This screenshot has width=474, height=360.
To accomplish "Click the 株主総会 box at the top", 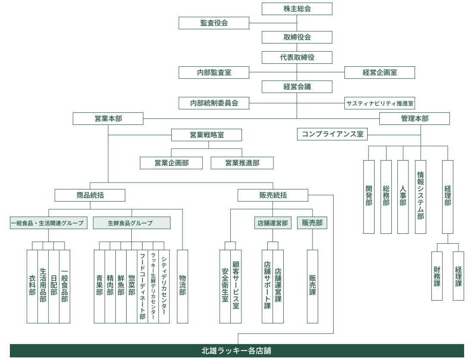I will point(297,9).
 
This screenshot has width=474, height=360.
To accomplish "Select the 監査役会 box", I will point(214,23).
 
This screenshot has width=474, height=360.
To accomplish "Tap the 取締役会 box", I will point(297,37).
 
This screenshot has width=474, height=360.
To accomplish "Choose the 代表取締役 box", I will point(297,57).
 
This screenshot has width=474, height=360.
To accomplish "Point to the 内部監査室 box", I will point(214,72).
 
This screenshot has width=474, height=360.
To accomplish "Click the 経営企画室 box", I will point(379,72).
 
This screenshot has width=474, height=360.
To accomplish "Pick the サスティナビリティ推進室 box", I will point(379,103).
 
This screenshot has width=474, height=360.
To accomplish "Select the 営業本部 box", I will point(108,118).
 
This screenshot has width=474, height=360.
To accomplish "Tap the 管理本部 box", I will point(414,118).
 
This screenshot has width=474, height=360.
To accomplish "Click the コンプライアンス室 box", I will point(332,134).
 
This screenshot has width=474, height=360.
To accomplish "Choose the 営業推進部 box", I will point(242,163).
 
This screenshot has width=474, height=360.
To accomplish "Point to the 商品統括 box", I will point(90,195).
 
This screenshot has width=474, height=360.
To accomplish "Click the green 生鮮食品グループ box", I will point(131,223).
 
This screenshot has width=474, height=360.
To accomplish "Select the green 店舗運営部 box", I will point(272,223).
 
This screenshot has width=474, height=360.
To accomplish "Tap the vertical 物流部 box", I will point(183,286).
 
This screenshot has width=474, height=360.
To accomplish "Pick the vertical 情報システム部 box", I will point(420,197).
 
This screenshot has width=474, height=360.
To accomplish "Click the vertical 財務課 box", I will point(437,276).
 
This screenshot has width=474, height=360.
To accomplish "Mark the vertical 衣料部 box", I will point(32,286).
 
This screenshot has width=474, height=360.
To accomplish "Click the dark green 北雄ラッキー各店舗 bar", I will point(237,351).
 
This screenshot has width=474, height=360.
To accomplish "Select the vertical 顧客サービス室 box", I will point(235,286).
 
